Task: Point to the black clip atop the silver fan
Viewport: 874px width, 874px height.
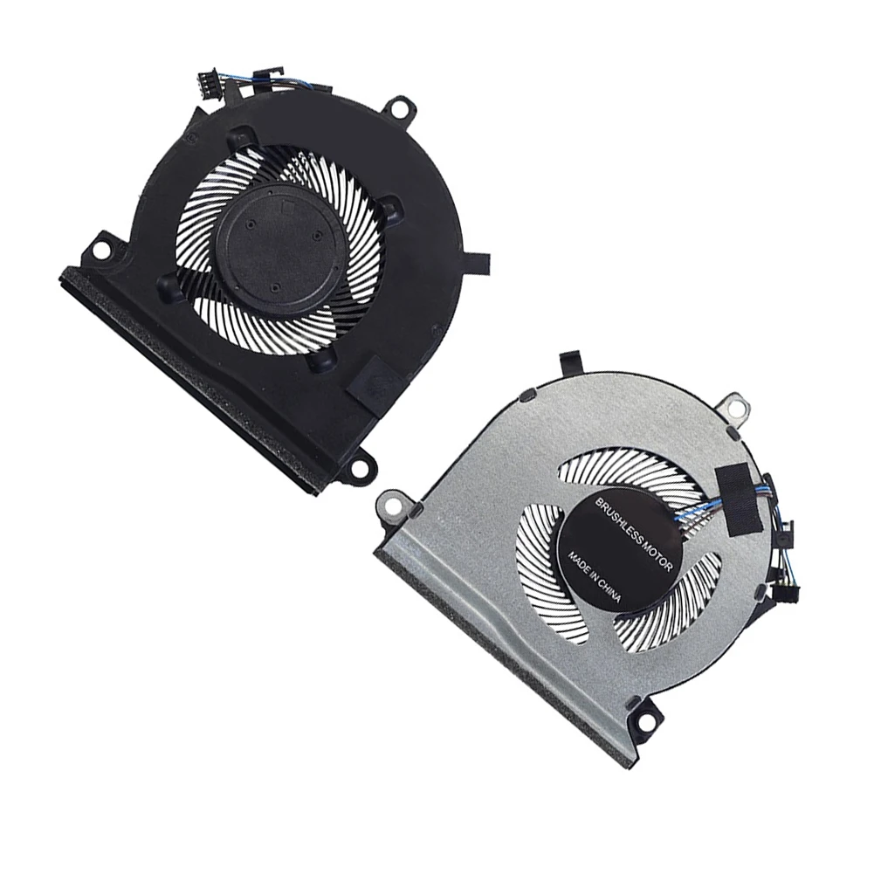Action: [570, 361]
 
